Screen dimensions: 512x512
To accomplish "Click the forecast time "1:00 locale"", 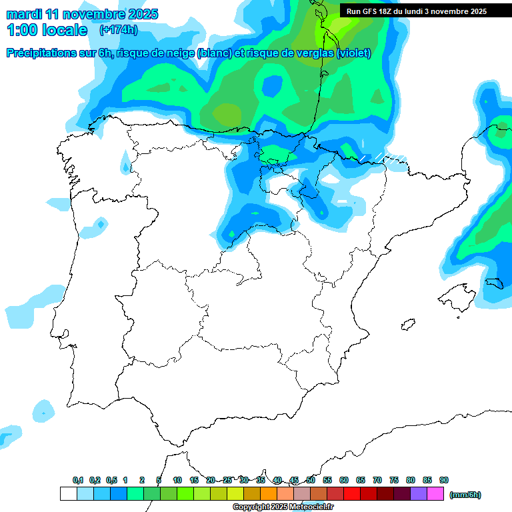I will click(x=47, y=30).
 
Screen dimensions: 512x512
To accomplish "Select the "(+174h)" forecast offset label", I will click(x=119, y=30).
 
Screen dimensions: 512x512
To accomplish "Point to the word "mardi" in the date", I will click(x=25, y=13).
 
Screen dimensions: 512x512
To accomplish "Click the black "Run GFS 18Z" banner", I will click(x=417, y=11).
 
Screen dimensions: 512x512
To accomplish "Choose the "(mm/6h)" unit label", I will click(x=465, y=495).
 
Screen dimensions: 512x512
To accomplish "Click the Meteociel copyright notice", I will click(x=283, y=507).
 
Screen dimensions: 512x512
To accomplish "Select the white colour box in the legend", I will click(x=69, y=494).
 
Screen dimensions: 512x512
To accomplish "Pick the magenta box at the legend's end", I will click(x=435, y=494).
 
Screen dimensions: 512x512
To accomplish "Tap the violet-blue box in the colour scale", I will click(x=419, y=494).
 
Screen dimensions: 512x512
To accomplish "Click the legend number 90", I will click(x=444, y=480).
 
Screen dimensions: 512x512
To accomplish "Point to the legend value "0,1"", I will click(x=78, y=480).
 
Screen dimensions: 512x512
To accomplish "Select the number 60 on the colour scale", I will click(x=344, y=480).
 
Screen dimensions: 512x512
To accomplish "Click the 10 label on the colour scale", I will click(x=177, y=480).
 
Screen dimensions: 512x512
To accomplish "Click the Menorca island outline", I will click(x=493, y=283).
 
